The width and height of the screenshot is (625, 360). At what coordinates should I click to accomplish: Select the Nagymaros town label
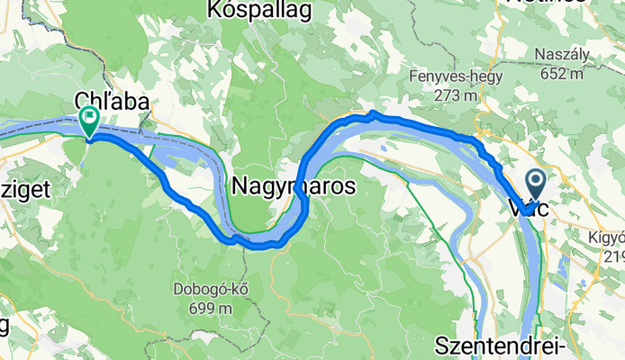point(294,186)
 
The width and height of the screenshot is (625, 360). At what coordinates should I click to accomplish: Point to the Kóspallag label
point(258,10)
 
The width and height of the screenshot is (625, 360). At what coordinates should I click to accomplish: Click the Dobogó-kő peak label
point(213,290)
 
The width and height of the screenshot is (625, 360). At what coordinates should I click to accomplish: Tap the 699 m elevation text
point(213,308)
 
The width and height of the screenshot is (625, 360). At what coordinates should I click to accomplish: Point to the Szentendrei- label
point(500,346)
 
